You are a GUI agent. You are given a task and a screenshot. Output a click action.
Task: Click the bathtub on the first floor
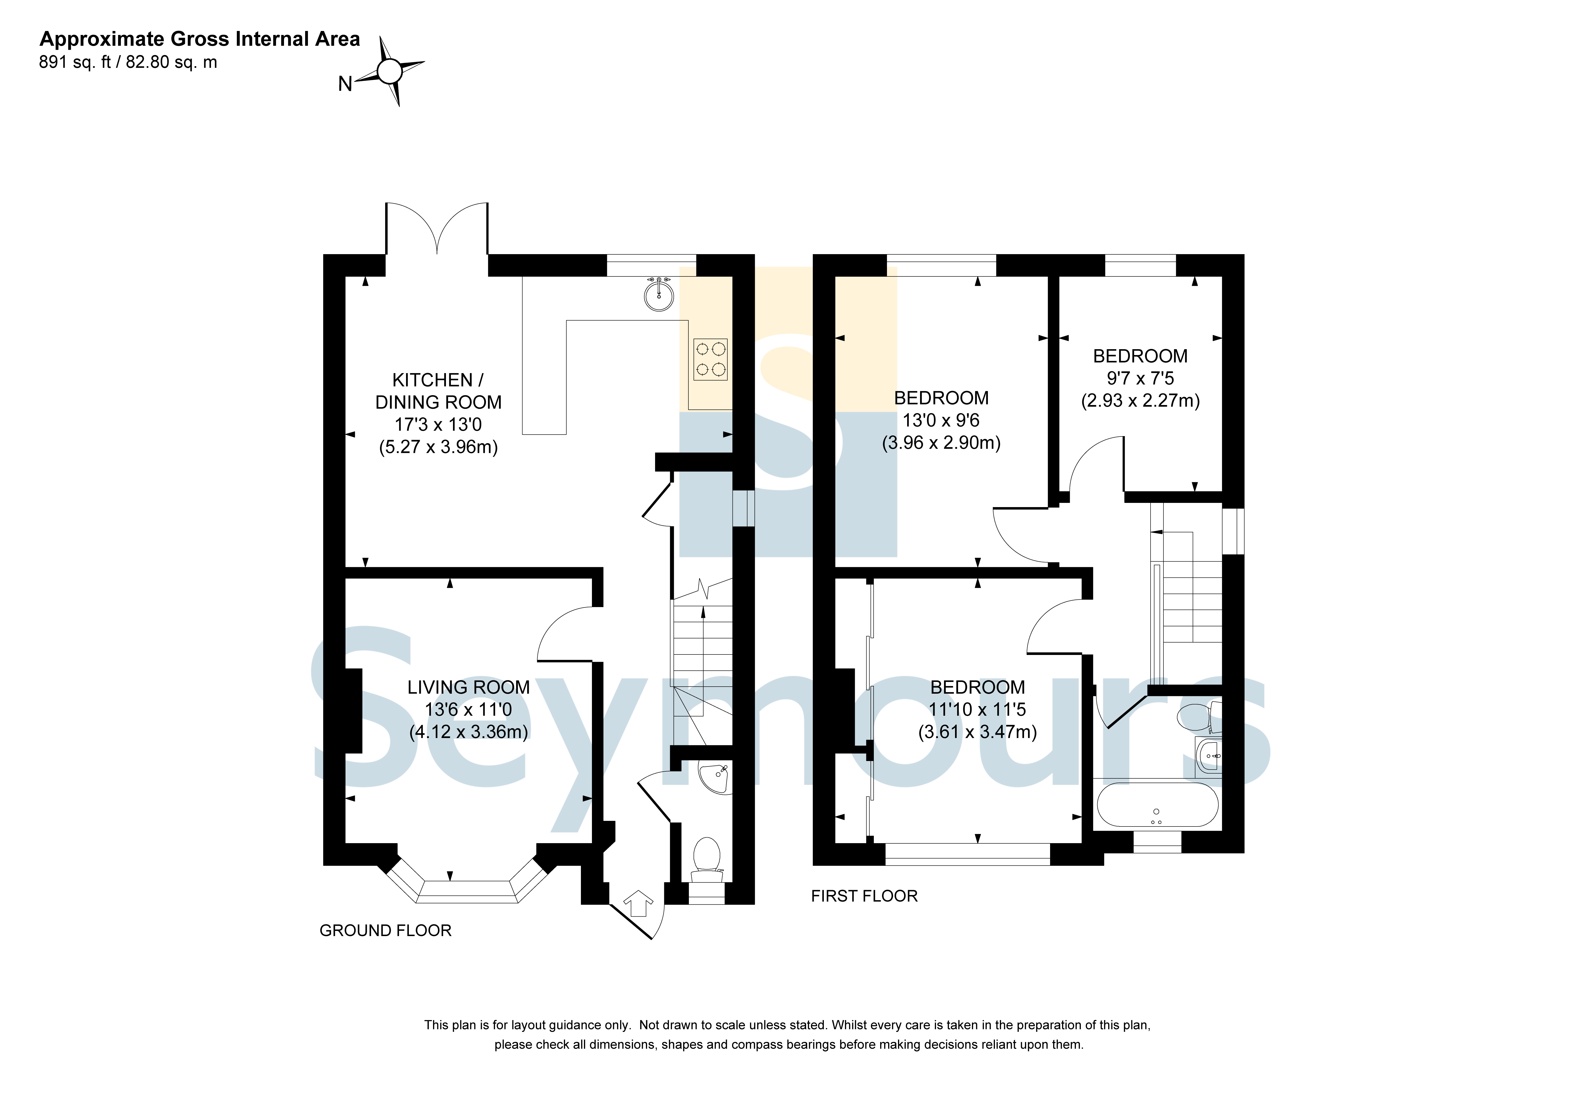[x=1157, y=804]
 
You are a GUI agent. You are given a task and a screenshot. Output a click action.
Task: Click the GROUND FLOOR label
[x=386, y=931]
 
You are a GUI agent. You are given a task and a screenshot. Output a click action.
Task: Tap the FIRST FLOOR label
[x=864, y=896]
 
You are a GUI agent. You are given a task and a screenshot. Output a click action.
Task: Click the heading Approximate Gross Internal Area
[x=200, y=39]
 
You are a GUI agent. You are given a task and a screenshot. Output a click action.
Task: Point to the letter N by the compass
[x=345, y=84]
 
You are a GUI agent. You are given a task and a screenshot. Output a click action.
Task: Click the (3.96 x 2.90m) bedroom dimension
[x=941, y=443]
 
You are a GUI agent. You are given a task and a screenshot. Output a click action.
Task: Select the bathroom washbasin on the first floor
[x=1209, y=757]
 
